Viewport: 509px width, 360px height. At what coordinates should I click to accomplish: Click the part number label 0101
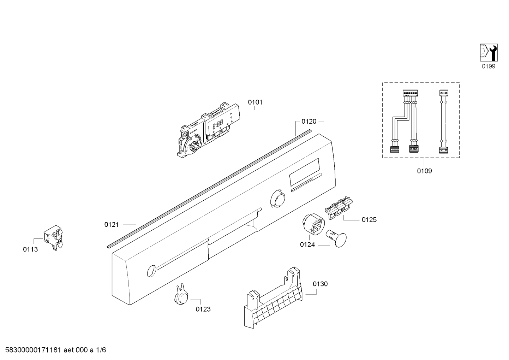coord(255,102)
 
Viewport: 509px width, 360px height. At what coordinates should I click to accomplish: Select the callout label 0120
coord(309,122)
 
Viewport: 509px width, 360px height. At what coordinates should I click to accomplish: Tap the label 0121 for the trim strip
coord(112,225)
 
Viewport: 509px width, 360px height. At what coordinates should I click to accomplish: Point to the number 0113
coord(30,249)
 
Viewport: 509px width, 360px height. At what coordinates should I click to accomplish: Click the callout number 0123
coord(203,309)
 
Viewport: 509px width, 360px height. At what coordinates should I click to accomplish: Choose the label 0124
coord(307,245)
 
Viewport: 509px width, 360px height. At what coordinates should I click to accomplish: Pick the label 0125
coord(369,220)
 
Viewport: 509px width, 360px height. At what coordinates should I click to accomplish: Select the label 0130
coord(320,284)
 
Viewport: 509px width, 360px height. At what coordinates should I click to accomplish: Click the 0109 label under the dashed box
coord(425,171)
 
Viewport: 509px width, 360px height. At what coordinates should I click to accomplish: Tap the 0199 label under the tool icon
coord(489,66)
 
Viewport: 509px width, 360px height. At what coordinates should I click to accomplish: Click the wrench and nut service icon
coord(489,53)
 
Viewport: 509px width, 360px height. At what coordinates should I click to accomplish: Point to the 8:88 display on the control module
coord(217,125)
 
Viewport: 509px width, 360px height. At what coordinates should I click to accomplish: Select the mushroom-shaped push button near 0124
coord(336,238)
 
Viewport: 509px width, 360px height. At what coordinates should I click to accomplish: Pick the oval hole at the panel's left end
coord(151,271)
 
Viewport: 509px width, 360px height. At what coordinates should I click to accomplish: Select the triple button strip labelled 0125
coord(338,208)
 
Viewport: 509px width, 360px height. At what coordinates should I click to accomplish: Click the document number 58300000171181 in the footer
coord(33,350)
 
